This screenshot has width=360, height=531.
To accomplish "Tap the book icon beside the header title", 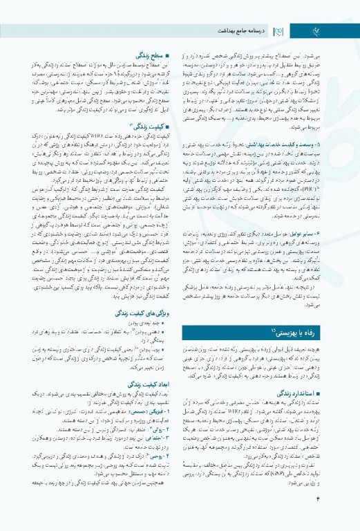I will pyautogui.click(x=280, y=30).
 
